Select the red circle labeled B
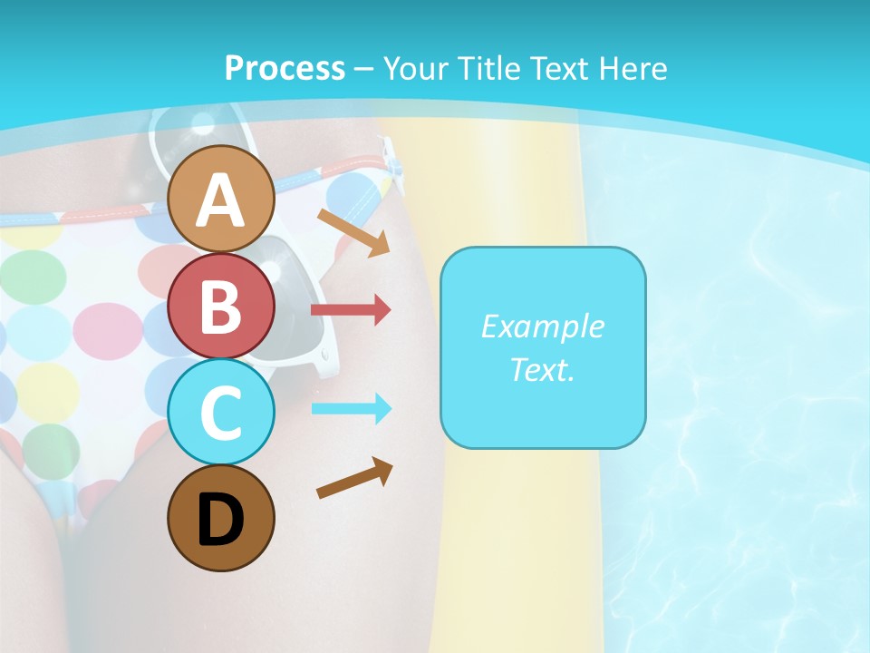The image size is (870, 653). click(x=220, y=307)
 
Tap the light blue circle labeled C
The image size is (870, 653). click(x=220, y=412)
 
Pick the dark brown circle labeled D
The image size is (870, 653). click(x=220, y=518)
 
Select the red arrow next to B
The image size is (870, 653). click(x=351, y=310)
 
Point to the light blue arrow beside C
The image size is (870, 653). click(x=351, y=409)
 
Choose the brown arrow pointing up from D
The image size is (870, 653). click(x=354, y=478)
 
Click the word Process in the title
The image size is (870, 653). click(x=285, y=68)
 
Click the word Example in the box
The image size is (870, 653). click(x=542, y=326)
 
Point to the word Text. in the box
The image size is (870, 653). click(x=542, y=369)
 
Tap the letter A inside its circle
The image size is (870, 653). click(x=220, y=200)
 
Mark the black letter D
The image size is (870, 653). click(x=220, y=520)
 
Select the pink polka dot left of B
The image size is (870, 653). click(x=108, y=329)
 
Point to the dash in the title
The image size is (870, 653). click(x=364, y=69)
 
